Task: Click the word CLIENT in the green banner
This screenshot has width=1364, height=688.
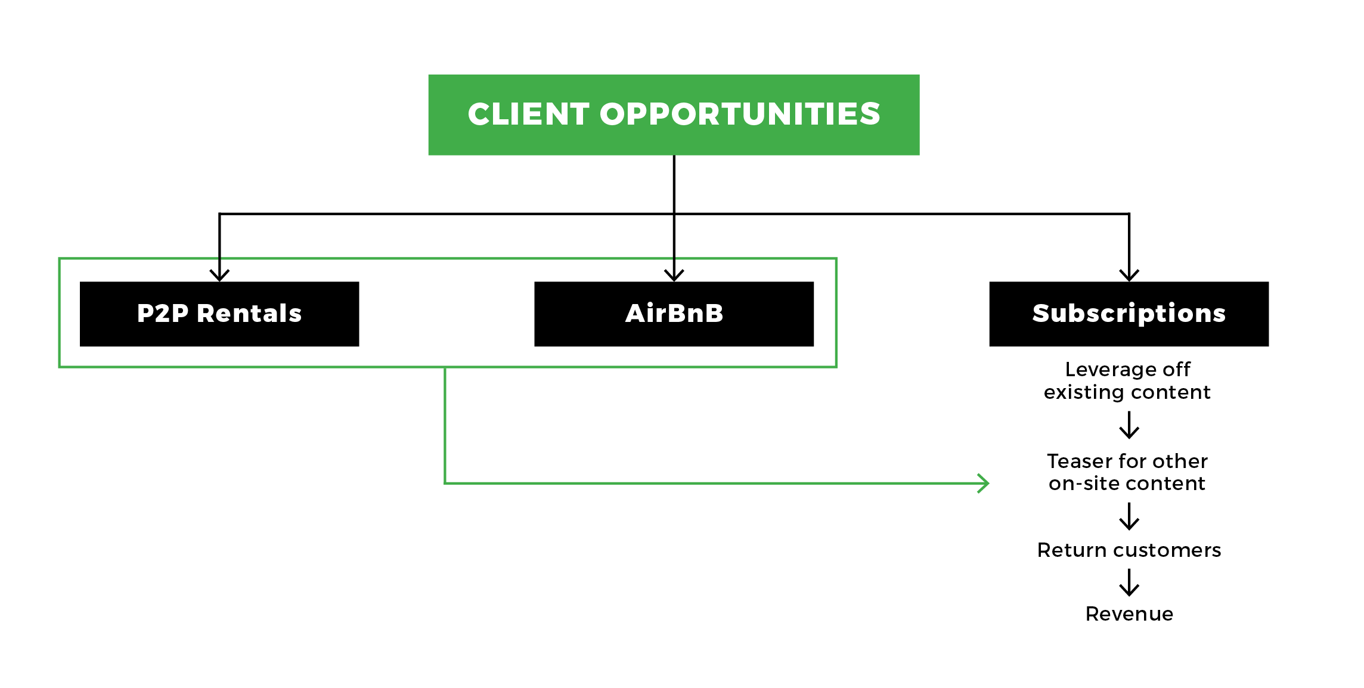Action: coord(528,114)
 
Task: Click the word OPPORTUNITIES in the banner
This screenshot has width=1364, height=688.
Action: coord(740,114)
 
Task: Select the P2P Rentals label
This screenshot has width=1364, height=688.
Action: coord(219,313)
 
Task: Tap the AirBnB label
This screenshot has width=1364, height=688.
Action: coord(674,313)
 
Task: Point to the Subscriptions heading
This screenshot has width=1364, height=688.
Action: coord(1129,313)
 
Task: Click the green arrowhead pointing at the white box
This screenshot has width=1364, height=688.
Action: coord(983,483)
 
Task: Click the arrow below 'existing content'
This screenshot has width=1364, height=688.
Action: coord(1129,426)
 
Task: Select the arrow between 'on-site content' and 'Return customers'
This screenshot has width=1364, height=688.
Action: coord(1129,516)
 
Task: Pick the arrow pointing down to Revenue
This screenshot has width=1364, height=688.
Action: coord(1129,582)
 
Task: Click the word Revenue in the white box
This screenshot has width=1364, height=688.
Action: coord(1129,613)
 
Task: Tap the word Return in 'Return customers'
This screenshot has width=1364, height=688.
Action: coord(1071,550)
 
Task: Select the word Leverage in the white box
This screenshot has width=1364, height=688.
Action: coord(1109,370)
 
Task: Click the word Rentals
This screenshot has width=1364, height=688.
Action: coord(249,313)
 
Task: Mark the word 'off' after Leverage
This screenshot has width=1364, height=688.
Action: coord(1176,370)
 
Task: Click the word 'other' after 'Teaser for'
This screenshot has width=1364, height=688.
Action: coord(1180,461)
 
